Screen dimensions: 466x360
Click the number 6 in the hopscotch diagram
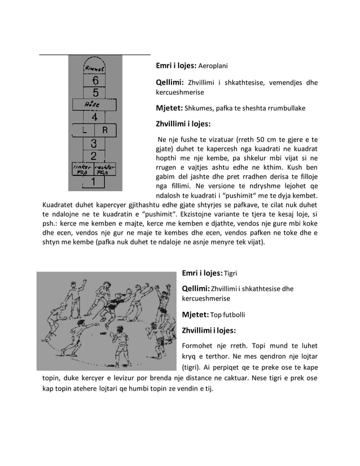tap(95, 80)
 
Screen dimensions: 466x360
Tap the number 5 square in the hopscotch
tap(95, 92)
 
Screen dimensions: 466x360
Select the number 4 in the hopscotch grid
tap(95, 117)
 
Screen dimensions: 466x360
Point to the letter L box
tap(84, 130)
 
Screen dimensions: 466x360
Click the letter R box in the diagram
tap(106, 130)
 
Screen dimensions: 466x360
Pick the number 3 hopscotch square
tap(94, 143)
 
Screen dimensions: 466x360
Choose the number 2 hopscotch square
tap(94, 156)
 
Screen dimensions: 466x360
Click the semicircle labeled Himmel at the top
tap(95, 67)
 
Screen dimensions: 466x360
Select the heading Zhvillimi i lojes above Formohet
tap(208, 330)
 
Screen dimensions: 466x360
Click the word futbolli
tap(234, 315)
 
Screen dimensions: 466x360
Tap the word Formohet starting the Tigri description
tap(200, 346)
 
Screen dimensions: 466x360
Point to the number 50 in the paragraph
tap(236, 139)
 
